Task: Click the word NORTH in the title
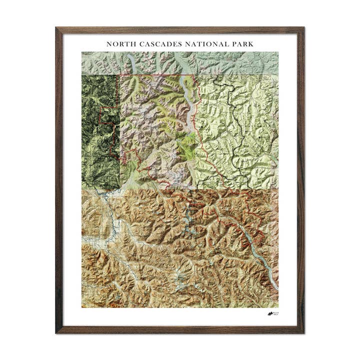click(119, 44)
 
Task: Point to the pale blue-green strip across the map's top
click(180, 62)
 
